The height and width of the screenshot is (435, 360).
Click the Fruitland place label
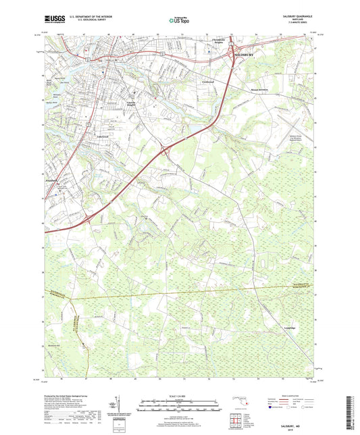click(x=61, y=180)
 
